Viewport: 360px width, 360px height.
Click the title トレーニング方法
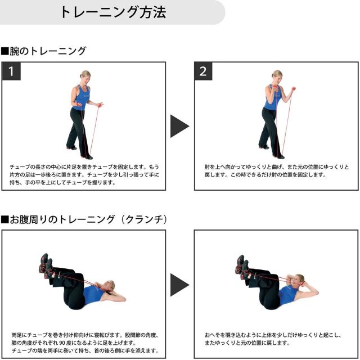[112, 12]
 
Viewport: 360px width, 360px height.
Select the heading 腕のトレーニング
[44, 51]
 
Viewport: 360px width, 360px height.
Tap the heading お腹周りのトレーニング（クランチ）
[84, 218]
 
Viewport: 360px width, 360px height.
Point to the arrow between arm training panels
[179, 126]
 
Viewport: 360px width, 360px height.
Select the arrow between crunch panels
[179, 285]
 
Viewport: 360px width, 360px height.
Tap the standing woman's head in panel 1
[85, 75]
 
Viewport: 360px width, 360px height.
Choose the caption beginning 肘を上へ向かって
[276, 171]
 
